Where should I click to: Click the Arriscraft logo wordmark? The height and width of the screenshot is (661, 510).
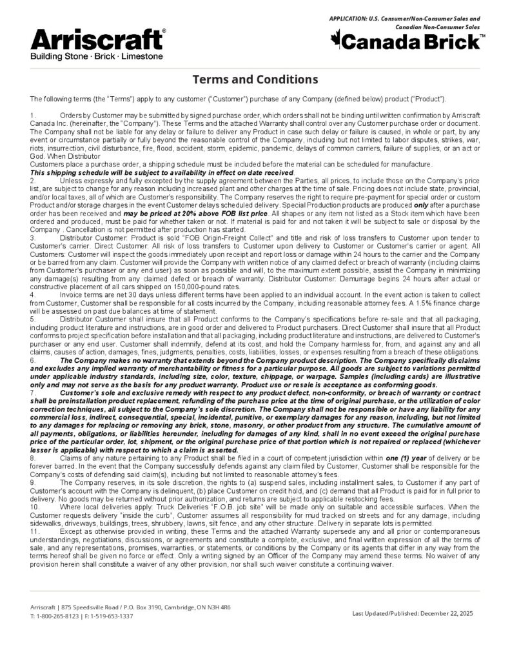(x=97, y=40)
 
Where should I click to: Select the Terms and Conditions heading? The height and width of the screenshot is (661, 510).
(x=255, y=80)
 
